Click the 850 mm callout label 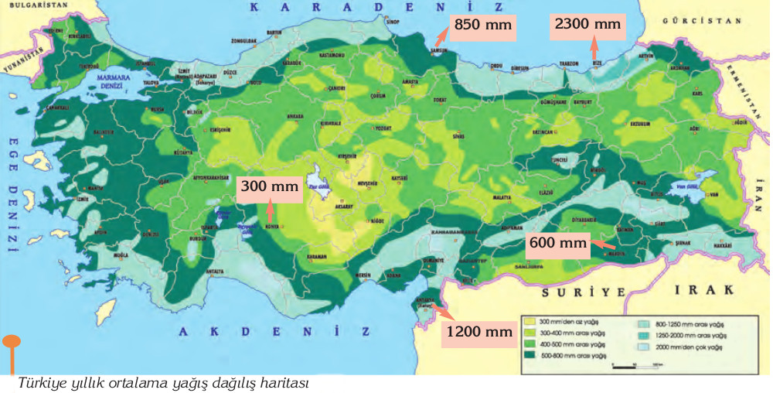pos(483,25)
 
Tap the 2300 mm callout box pos(587,25)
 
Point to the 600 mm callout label pos(558,242)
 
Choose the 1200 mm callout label pos(479,332)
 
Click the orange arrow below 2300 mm pos(594,50)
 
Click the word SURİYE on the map pos(572,292)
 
